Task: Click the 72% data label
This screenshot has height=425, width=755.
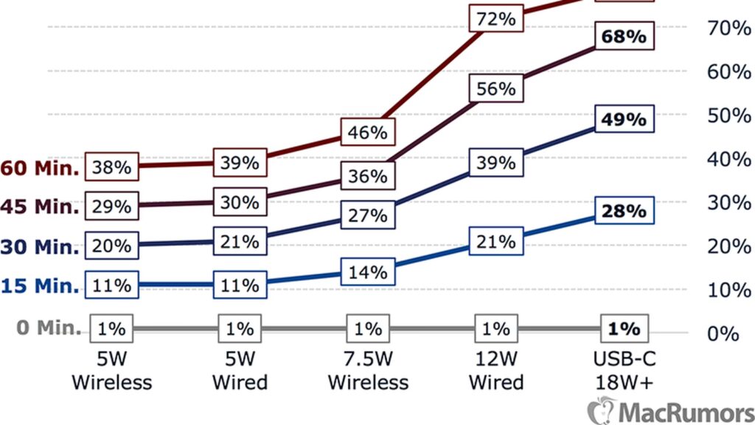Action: click(x=496, y=18)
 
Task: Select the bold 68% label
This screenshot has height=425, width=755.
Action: click(x=623, y=37)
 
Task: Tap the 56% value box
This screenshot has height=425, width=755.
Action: click(x=496, y=89)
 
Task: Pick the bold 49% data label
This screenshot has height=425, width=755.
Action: click(x=623, y=119)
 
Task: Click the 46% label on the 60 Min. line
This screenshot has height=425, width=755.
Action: click(x=368, y=133)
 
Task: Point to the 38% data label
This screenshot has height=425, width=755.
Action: click(x=112, y=167)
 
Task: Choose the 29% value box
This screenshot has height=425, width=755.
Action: click(x=112, y=206)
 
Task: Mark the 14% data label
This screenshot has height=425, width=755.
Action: click(x=368, y=272)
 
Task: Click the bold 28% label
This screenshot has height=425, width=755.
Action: click(x=623, y=211)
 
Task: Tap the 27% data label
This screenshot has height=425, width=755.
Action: click(x=368, y=215)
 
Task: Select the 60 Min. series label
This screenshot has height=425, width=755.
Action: click(x=40, y=168)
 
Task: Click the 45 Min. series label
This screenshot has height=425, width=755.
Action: click(x=40, y=207)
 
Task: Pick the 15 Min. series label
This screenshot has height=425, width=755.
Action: click(x=40, y=285)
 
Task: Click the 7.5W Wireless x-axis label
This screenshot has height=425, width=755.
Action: click(x=368, y=371)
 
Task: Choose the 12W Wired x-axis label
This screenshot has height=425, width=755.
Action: click(x=496, y=371)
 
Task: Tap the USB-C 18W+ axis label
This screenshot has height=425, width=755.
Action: click(x=623, y=371)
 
